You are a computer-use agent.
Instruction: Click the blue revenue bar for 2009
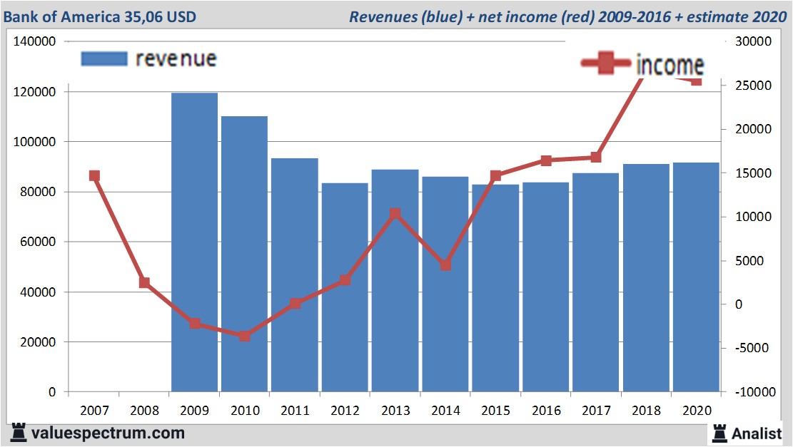pos(194,242)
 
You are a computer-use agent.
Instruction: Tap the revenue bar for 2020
pos(696,277)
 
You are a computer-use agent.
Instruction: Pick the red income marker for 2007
pos(94,176)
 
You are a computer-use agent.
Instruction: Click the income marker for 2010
pos(245,336)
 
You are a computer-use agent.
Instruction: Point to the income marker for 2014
pos(445,265)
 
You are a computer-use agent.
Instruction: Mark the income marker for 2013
pos(395,214)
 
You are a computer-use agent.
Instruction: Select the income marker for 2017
pos(596,158)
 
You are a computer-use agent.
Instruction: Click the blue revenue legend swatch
pos(104,58)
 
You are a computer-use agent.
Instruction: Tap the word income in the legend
pos(670,66)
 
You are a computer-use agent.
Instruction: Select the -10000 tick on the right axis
pos(753,392)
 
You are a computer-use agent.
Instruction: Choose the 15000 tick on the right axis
pos(753,173)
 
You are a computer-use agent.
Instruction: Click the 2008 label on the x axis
pos(144,412)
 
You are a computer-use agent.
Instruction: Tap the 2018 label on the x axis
pos(646,412)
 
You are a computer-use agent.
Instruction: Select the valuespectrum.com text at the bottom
pos(108,433)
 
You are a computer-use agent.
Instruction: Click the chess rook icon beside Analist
pos(719,433)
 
